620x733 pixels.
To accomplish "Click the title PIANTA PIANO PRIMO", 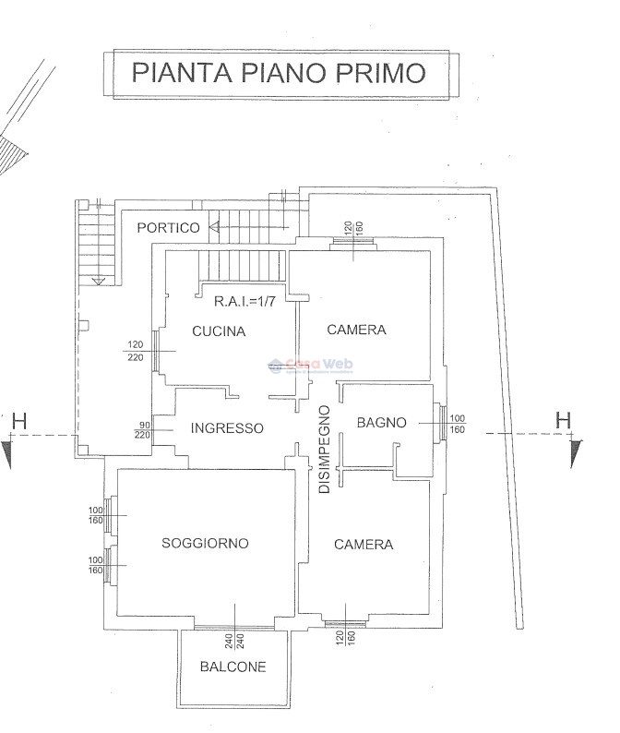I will pyautogui.click(x=279, y=72).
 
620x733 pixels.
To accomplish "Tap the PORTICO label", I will pyautogui.click(x=168, y=227).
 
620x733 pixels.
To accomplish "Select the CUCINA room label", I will pyautogui.click(x=219, y=331).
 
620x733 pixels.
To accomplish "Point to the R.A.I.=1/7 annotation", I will pyautogui.click(x=243, y=301).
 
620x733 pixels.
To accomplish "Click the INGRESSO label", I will pyautogui.click(x=227, y=428).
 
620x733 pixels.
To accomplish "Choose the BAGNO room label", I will pyautogui.click(x=381, y=423).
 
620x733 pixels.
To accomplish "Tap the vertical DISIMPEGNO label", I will pyautogui.click(x=324, y=450).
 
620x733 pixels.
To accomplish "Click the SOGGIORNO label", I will pyautogui.click(x=205, y=544).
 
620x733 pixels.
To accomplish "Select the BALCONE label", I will pyautogui.click(x=232, y=667).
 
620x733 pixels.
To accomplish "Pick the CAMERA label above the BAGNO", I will pyautogui.click(x=356, y=330).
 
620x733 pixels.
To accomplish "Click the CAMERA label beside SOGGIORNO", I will pyautogui.click(x=364, y=545).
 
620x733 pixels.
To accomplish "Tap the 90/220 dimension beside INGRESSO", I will pyautogui.click(x=143, y=428).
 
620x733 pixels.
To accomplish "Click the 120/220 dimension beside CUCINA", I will pyautogui.click(x=136, y=351).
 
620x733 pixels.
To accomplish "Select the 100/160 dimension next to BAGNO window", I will pyautogui.click(x=457, y=424).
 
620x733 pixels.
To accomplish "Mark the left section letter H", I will pyautogui.click(x=19, y=422).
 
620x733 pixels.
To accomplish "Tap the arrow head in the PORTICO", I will pyautogui.click(x=214, y=226).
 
